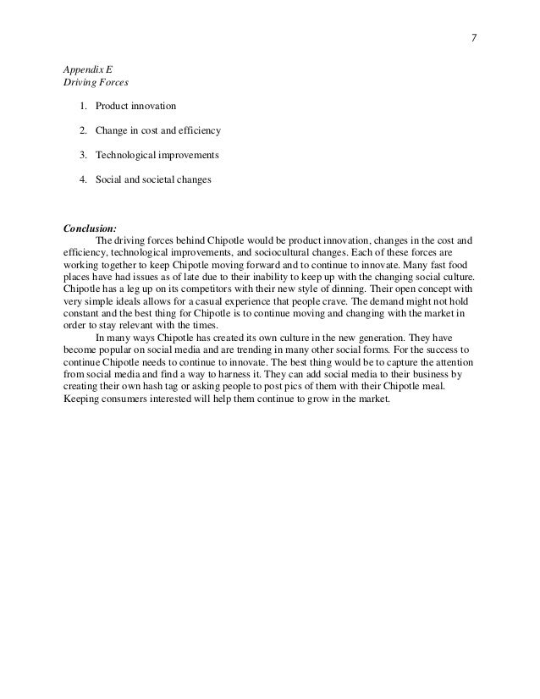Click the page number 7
point(475,36)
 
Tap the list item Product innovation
point(135,107)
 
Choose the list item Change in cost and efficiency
point(157,131)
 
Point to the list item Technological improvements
point(157,156)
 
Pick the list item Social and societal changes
point(153,180)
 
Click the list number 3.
point(83,156)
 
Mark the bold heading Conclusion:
point(91,228)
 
